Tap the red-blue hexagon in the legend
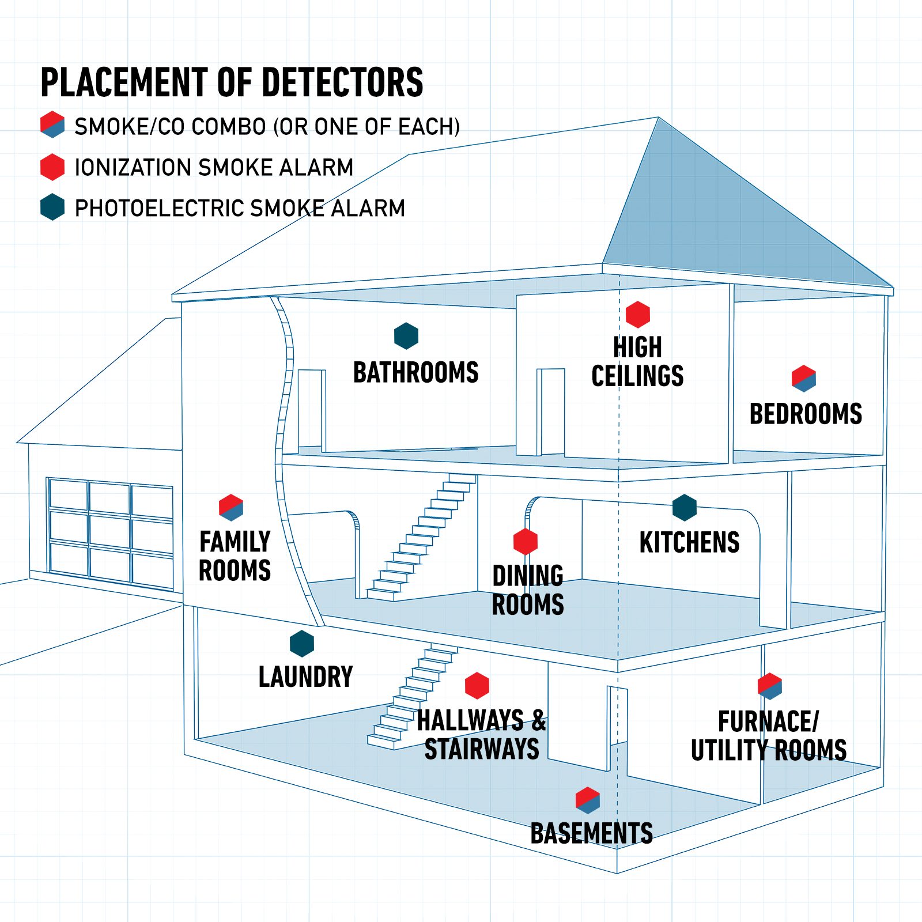pyautogui.click(x=52, y=124)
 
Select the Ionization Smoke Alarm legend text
pyautogui.click(x=214, y=168)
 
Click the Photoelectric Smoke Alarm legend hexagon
pyautogui.click(x=52, y=207)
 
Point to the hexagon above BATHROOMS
pyautogui.click(x=406, y=335)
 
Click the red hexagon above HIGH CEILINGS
pyautogui.click(x=637, y=315)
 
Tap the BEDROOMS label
pyautogui.click(x=806, y=414)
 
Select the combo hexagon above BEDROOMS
pyautogui.click(x=803, y=378)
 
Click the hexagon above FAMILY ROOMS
pyautogui.click(x=231, y=507)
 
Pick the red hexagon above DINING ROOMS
pyautogui.click(x=525, y=542)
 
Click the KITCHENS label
pyautogui.click(x=689, y=543)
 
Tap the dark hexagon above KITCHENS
pyautogui.click(x=684, y=508)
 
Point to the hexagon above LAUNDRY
pyautogui.click(x=301, y=644)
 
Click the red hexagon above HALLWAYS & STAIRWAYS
pyautogui.click(x=477, y=685)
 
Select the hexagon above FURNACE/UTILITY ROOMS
pyautogui.click(x=769, y=686)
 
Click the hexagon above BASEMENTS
pyautogui.click(x=587, y=800)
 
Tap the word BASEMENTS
pyautogui.click(x=591, y=834)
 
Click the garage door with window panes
pyautogui.click(x=110, y=533)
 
